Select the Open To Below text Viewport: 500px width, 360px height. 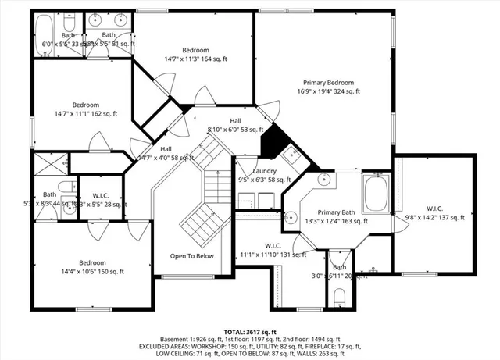point(192,255)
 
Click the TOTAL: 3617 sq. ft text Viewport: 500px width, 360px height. point(249,332)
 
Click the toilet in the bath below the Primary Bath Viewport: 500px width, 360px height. point(339,297)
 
